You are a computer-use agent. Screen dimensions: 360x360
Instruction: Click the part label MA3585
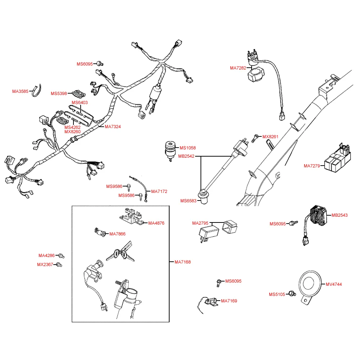click(20, 91)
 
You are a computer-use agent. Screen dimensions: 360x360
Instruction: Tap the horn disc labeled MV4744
click(309, 283)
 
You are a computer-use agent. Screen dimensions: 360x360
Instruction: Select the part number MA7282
click(238, 68)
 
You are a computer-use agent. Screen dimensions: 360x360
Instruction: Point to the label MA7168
click(183, 262)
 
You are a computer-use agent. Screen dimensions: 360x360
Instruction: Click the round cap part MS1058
click(170, 149)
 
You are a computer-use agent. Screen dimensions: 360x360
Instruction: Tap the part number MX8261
click(270, 137)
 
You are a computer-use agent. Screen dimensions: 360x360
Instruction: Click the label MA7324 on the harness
click(113, 127)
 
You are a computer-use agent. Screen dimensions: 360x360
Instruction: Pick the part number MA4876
click(156, 223)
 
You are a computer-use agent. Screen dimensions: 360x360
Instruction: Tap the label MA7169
click(229, 301)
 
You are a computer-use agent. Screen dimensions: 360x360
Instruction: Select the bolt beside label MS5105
click(293, 294)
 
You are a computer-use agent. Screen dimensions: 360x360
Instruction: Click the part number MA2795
click(200, 223)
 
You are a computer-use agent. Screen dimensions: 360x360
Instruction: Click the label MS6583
click(188, 201)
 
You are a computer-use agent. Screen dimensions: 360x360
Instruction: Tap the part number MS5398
click(59, 94)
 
